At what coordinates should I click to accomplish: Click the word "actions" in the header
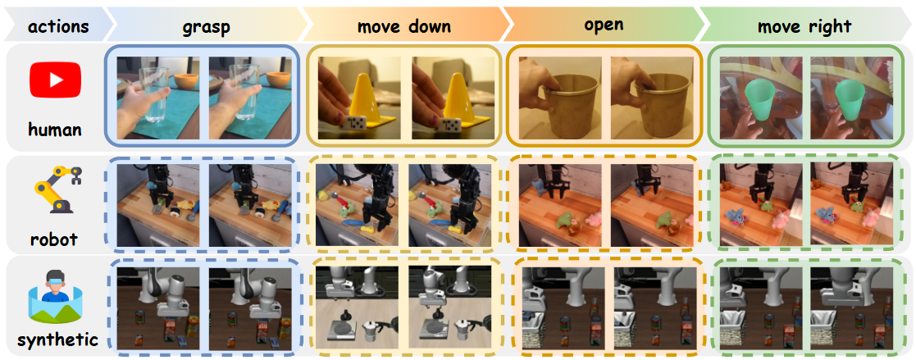tap(58, 26)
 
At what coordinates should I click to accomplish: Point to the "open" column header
tap(604, 25)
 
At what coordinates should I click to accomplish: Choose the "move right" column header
tap(804, 27)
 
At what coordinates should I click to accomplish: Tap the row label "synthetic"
tap(57, 340)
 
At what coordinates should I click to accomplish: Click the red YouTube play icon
tap(56, 80)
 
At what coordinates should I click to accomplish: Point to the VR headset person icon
tap(56, 297)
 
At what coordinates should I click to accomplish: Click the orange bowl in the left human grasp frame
tap(187, 81)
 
